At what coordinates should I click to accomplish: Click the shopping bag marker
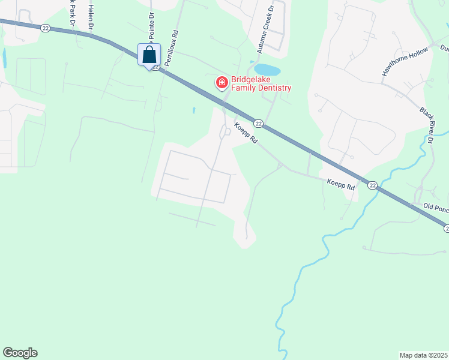click(149, 56)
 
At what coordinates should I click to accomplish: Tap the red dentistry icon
click(221, 82)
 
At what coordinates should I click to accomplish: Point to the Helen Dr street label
click(91, 17)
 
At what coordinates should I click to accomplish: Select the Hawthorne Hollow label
click(406, 61)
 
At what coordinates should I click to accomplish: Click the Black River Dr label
click(426, 125)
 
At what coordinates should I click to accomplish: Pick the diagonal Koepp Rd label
click(246, 133)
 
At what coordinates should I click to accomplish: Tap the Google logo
click(20, 353)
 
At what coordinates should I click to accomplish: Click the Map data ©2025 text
click(423, 355)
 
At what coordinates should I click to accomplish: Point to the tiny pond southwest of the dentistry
click(194, 111)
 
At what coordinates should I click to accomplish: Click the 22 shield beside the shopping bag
click(156, 67)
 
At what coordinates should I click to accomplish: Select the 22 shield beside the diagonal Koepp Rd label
click(258, 124)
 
